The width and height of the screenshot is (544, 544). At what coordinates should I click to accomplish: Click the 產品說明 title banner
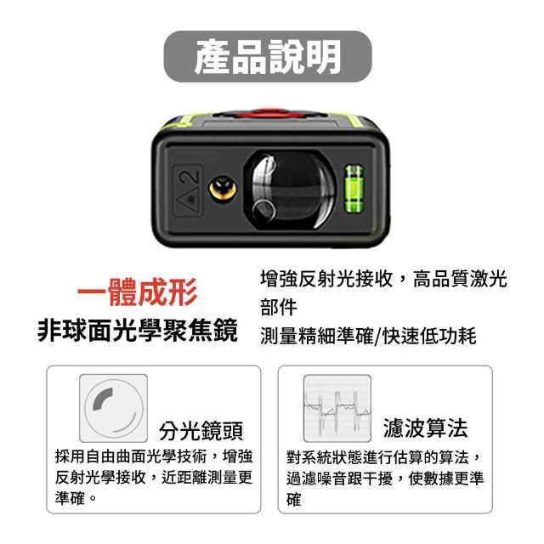268,57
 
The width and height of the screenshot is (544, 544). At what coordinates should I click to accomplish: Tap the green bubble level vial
354,189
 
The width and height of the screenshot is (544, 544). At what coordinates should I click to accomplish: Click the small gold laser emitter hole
223,189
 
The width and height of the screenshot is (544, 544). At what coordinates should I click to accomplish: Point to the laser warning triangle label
188,190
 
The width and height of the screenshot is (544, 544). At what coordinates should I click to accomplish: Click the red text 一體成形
138,292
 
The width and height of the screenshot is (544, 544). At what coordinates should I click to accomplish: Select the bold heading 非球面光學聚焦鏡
138,330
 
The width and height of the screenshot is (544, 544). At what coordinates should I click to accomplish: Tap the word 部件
279,307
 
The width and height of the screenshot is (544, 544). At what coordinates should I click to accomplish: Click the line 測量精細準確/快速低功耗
368,335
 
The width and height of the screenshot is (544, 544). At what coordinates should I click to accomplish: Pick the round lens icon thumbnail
113,408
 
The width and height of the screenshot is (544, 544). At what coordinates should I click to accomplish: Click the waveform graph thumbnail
337,408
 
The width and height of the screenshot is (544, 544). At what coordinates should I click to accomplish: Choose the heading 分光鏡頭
201,431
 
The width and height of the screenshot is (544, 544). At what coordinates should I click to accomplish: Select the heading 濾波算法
425,428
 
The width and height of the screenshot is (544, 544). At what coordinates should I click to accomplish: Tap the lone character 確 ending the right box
294,500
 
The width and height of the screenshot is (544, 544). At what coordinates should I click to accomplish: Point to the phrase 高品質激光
461,279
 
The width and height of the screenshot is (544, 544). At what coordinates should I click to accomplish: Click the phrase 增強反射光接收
326,279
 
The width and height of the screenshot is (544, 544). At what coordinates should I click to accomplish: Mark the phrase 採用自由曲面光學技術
131,456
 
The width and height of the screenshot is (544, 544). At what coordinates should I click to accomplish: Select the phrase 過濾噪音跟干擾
340,479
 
